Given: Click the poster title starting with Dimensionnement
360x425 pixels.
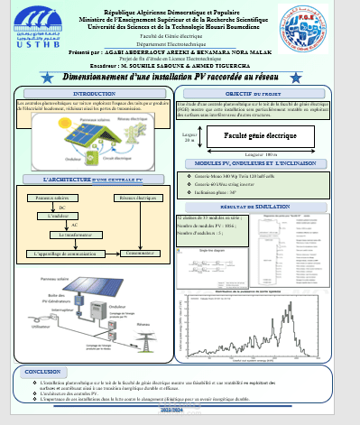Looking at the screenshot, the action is pos(180,79).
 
